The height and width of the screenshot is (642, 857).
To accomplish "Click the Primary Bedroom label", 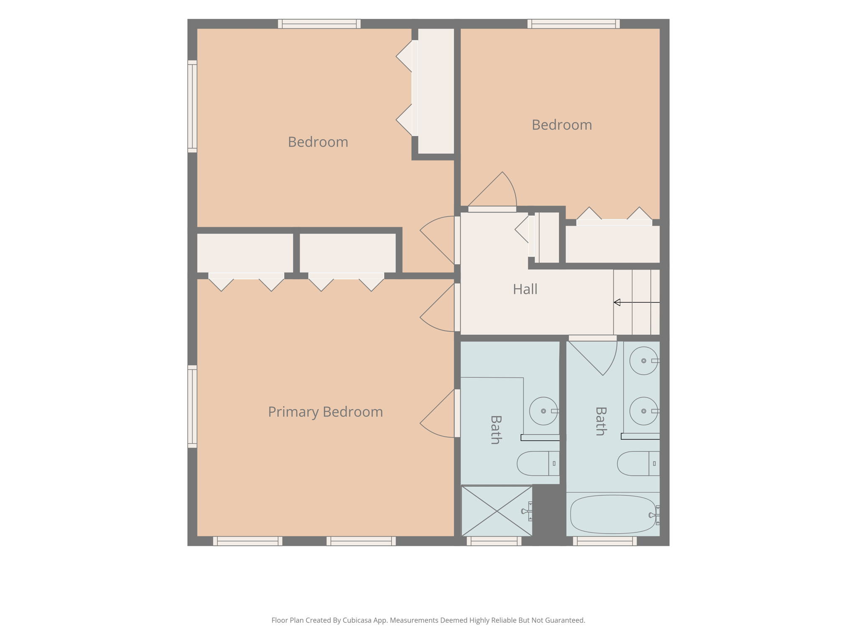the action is point(326,412).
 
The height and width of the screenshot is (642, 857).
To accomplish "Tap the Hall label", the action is point(525,289).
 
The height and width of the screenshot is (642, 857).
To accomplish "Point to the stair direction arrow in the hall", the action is point(636,302).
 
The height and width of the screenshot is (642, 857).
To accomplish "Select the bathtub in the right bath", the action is point(613,515).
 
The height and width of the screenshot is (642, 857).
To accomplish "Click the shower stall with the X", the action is point(497,511).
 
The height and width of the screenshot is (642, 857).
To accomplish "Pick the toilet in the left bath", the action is point(538,464).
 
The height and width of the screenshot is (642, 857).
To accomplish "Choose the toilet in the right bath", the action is point(639,464).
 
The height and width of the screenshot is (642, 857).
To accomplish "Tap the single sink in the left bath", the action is point(544,411).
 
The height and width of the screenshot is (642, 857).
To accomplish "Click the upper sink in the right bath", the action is point(644,361).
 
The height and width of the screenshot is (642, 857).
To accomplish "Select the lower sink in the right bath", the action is point(644,411).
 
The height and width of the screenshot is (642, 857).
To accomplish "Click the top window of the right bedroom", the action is point(574,24).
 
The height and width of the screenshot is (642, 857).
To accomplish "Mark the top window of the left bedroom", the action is point(319,24).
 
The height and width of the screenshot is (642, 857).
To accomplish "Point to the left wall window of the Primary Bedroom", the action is point(192,407).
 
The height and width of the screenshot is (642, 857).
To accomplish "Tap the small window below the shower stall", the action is point(494,541).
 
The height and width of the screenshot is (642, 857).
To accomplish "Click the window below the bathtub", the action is point(605,541).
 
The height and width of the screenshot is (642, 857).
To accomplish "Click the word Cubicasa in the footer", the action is point(358,620).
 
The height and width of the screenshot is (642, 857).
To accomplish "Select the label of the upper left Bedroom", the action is point(318,142).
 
